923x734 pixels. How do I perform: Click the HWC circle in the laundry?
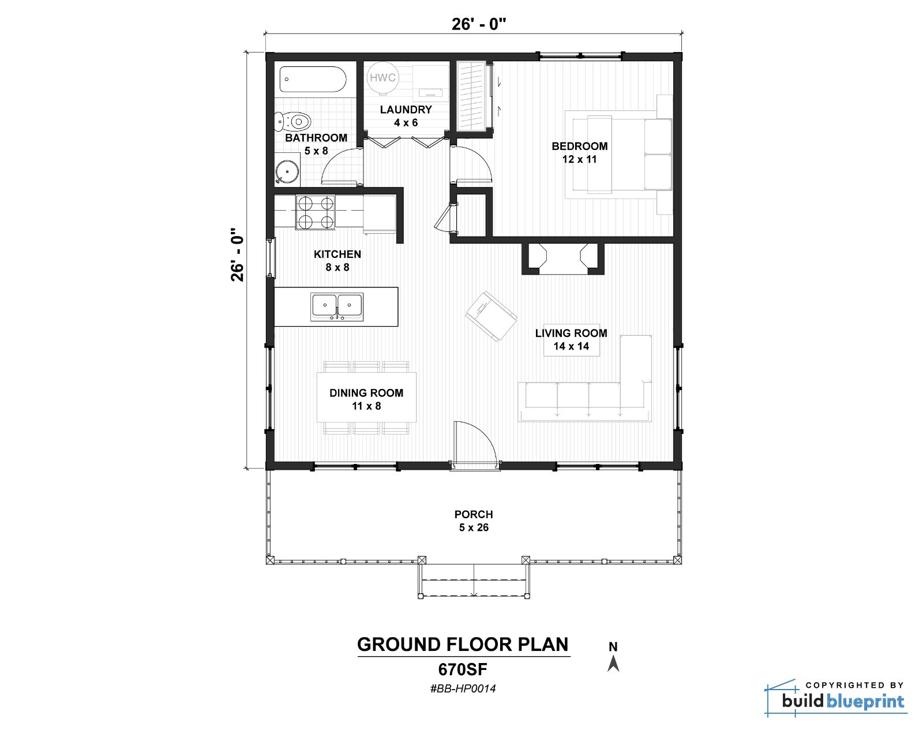(382, 78)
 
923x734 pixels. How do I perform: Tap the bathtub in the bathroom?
(313, 79)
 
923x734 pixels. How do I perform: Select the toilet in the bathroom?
(292, 121)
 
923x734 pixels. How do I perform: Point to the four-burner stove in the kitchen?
(316, 212)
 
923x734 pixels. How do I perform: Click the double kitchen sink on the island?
(337, 307)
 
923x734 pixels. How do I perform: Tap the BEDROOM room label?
(579, 147)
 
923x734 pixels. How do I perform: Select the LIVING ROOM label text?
(571, 334)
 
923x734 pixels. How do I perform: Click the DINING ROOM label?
(366, 393)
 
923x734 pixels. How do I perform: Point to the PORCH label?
(474, 514)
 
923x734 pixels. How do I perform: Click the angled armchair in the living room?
(491, 316)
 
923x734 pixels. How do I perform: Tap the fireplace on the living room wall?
(562, 259)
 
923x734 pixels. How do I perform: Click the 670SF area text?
(463, 669)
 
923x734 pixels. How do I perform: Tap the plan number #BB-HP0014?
(463, 688)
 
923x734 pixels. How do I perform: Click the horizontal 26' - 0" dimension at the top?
(479, 24)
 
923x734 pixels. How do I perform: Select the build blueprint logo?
(835, 698)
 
